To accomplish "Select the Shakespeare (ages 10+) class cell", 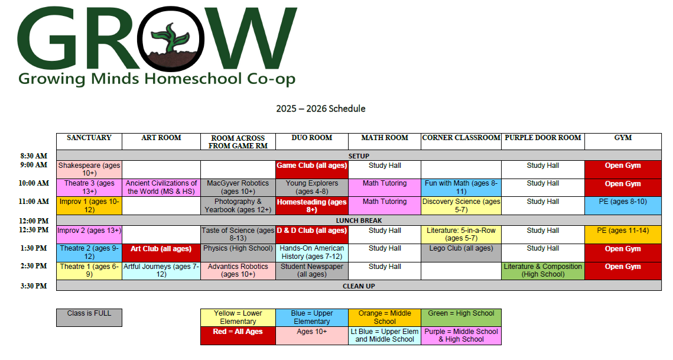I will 89,169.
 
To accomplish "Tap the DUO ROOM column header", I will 312,138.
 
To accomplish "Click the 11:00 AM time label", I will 34,201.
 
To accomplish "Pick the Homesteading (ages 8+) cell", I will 312,205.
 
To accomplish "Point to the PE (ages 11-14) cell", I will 623,235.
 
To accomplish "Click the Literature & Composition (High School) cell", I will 543,271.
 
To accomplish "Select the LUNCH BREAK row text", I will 359,220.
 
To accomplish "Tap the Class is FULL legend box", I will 89,317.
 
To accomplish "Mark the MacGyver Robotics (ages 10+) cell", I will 238,187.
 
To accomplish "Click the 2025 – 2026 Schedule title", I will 321,109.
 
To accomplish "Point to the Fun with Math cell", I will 461,187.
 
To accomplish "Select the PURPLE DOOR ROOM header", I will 543,138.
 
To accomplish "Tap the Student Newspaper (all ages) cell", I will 312,271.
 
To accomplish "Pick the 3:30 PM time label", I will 34,286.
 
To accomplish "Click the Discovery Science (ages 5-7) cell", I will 461,205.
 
